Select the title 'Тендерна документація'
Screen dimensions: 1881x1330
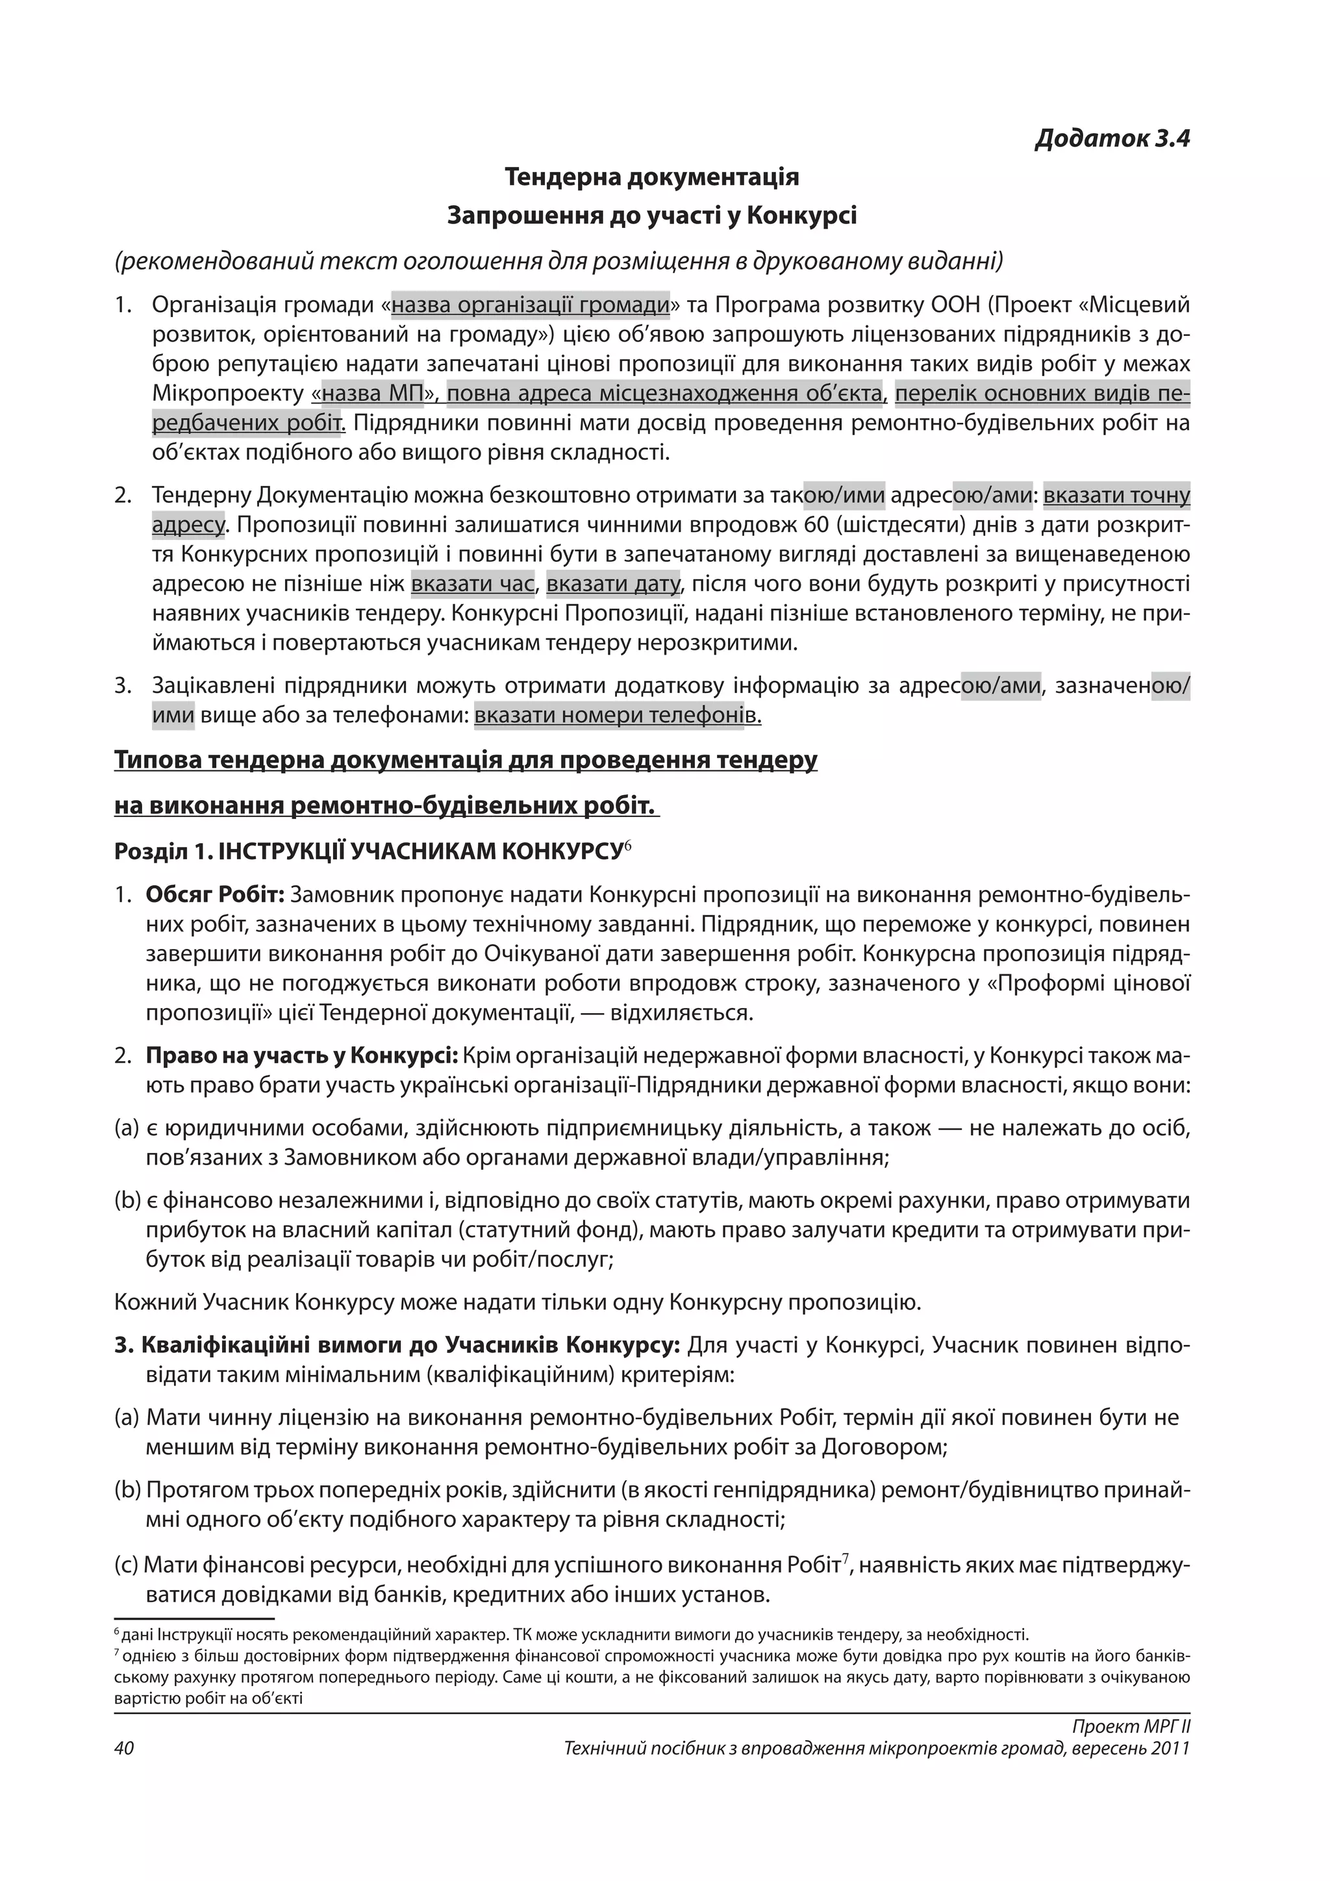click(x=652, y=177)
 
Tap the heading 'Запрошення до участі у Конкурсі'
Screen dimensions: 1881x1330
click(x=652, y=216)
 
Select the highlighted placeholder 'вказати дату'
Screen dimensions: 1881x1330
click(x=612, y=584)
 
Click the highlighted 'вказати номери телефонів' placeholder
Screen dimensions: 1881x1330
click(x=618, y=716)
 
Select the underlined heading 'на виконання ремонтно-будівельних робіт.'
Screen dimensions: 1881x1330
click(x=386, y=806)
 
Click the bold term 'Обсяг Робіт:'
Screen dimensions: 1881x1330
click(x=214, y=894)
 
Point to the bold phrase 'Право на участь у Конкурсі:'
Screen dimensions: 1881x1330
click(x=301, y=1056)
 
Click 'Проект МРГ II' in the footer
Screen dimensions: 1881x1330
click(x=1130, y=1727)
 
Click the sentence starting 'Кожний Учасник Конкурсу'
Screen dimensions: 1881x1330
click(x=518, y=1302)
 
